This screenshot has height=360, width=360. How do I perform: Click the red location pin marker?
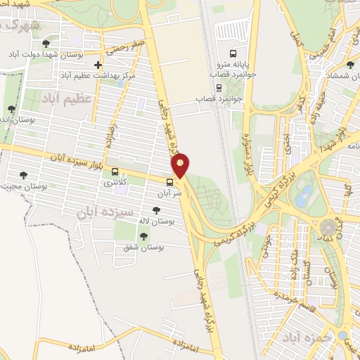pyautogui.click(x=181, y=165)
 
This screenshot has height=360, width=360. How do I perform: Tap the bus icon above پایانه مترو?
pyautogui.click(x=233, y=54)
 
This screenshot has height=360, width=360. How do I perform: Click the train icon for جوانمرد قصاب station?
pyautogui.click(x=219, y=88)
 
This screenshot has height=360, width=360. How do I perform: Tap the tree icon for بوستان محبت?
pyautogui.click(x=23, y=175)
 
